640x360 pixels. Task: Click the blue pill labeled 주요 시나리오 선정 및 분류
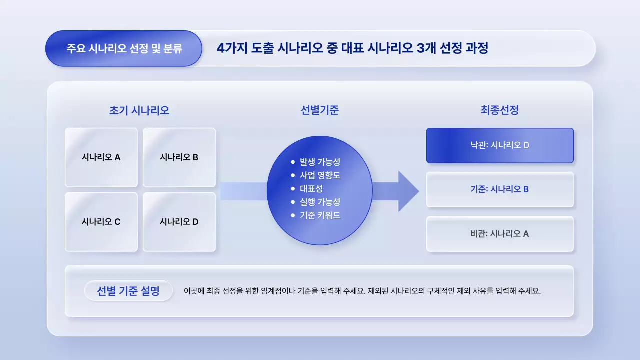(124, 49)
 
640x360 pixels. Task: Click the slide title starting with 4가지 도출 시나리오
(352, 48)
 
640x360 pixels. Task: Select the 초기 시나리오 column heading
(139, 110)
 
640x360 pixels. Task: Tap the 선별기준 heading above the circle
(320, 110)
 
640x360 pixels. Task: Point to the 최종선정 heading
(499, 110)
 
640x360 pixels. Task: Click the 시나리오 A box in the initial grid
(101, 157)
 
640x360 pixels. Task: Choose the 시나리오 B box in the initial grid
(179, 157)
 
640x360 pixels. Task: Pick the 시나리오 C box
(101, 222)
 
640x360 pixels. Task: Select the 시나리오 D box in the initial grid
(179, 222)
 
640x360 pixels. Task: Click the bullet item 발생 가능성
(320, 162)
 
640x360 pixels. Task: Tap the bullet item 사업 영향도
(320, 175)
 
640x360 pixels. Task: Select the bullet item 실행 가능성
(320, 202)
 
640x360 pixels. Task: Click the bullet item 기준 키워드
(320, 215)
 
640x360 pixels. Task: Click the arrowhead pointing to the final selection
(407, 191)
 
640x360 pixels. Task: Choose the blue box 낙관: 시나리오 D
(500, 145)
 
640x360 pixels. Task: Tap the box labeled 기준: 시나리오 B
(500, 189)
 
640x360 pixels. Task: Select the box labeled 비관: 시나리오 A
(500, 233)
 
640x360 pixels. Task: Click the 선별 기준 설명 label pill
(128, 291)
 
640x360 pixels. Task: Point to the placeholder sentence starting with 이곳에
(362, 291)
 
